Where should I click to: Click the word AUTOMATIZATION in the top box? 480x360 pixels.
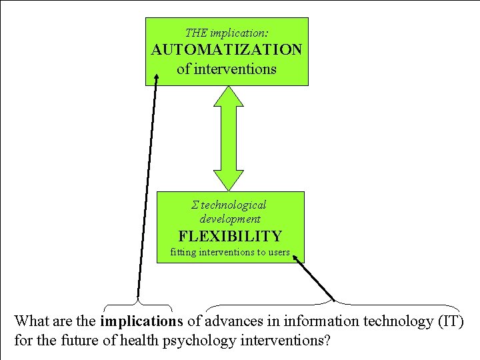coord(227,51)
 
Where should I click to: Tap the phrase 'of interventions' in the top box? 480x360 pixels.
coord(227,69)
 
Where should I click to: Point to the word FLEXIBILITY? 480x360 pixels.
coord(230,236)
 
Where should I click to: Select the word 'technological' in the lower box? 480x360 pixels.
coord(233,205)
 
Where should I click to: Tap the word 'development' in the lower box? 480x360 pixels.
coord(230,219)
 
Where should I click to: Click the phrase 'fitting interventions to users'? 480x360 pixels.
coord(230,253)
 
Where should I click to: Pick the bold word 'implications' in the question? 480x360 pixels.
coord(141,321)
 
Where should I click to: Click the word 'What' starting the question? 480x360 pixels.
coord(31,321)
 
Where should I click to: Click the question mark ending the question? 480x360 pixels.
coord(327,341)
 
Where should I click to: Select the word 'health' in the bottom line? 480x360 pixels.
coord(141,341)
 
